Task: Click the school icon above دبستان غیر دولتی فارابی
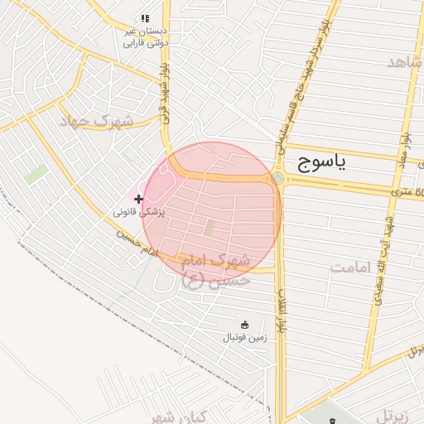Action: pyautogui.click(x=145, y=18)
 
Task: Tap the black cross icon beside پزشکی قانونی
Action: pyautogui.click(x=138, y=199)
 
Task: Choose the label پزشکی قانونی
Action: pyautogui.click(x=140, y=212)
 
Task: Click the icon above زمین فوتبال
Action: pyautogui.click(x=243, y=324)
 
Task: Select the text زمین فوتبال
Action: pyautogui.click(x=243, y=337)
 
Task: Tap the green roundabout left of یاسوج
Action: pyautogui.click(x=277, y=179)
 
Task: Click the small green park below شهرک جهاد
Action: pyautogui.click(x=36, y=175)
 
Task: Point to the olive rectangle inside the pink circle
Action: pyautogui.click(x=210, y=227)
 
